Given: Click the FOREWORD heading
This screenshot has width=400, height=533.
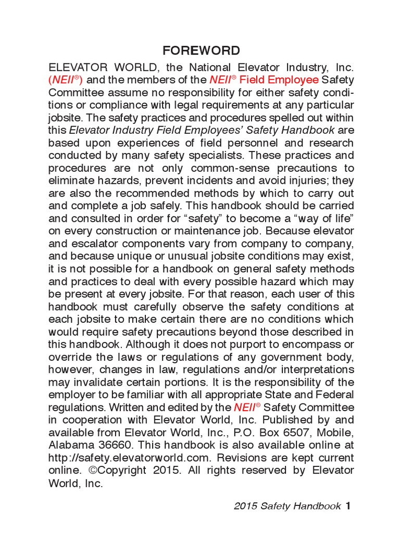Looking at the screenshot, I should point(201,50).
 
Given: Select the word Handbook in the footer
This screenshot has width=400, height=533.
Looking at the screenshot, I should point(319,505).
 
